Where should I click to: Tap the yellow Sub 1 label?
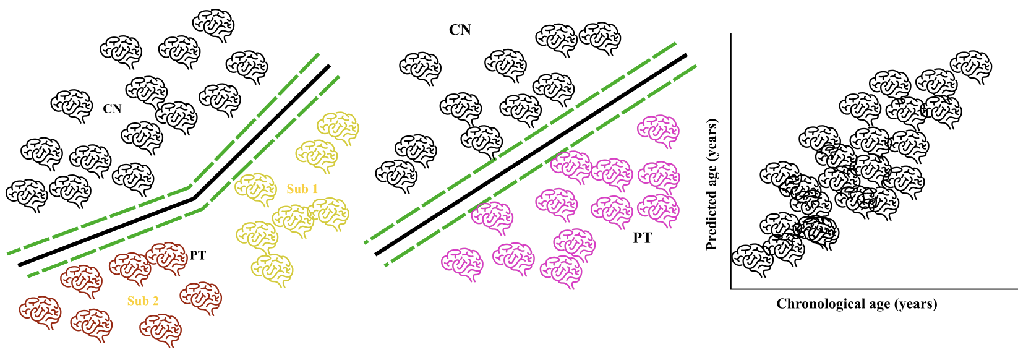[x=302, y=189]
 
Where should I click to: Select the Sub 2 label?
[x=143, y=301]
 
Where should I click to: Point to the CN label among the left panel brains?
[x=112, y=109]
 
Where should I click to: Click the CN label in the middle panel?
[x=460, y=30]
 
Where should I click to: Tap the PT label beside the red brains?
[x=198, y=255]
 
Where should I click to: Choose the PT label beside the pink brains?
[x=642, y=238]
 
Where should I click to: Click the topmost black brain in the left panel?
[x=213, y=25]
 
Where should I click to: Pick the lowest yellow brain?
[x=272, y=270]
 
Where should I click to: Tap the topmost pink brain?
[x=659, y=131]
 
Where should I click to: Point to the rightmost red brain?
[x=200, y=298]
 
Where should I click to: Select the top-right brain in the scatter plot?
[x=970, y=67]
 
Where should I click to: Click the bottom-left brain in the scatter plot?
[x=752, y=259]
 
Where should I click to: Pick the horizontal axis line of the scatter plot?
[x=872, y=288]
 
